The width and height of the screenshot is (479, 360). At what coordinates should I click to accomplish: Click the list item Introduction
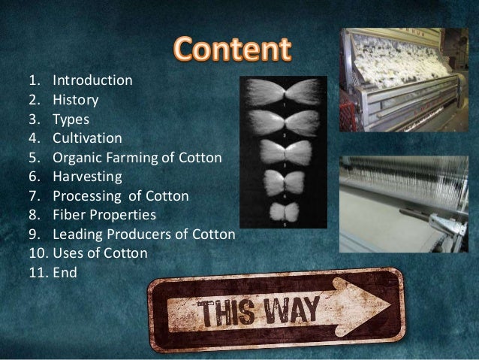pyautogui.click(x=92, y=80)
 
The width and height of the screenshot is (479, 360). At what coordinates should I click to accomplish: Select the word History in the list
pyautogui.click(x=75, y=98)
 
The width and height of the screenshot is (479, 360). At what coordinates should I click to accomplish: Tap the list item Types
pyautogui.click(x=71, y=119)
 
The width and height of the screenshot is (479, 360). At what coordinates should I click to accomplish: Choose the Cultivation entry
pyautogui.click(x=86, y=138)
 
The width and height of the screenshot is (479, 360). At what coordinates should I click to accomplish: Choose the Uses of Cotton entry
pyautogui.click(x=100, y=256)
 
